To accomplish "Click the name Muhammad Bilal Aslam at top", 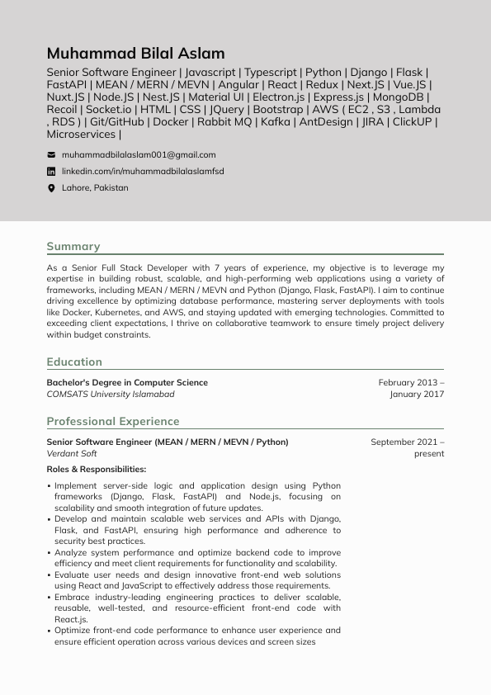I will click(x=135, y=54).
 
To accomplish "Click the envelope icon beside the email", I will click(x=51, y=154).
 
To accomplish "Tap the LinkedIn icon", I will click(x=51, y=172).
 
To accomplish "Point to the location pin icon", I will click(x=51, y=188).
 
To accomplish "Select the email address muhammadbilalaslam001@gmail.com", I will click(x=139, y=154).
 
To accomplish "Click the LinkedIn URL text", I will click(x=143, y=172).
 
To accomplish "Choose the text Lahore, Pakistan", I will click(x=95, y=188).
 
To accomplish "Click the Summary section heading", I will click(x=73, y=246).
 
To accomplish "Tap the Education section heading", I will click(x=74, y=362).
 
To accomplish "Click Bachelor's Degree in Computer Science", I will click(x=127, y=383).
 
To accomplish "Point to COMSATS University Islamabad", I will click(x=111, y=395).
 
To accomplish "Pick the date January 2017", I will click(x=417, y=395).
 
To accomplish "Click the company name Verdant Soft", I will click(x=72, y=454).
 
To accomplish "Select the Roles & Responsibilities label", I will click(x=97, y=470).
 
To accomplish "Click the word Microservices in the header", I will click(x=81, y=134).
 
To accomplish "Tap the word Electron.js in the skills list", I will click(x=278, y=97).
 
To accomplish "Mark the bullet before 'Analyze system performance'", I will click(x=49, y=553).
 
